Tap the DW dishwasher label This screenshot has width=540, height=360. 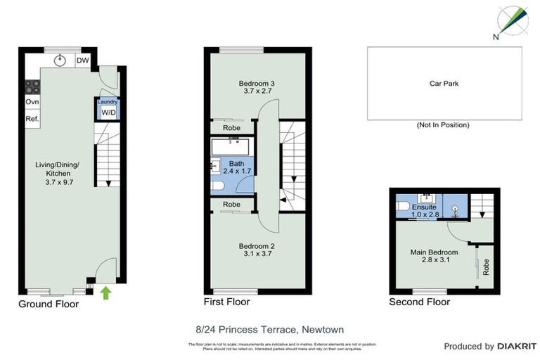(x=83, y=60)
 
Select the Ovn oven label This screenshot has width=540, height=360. (x=32, y=102)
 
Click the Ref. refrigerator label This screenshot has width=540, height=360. (x=32, y=120)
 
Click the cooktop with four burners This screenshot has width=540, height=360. (x=32, y=87)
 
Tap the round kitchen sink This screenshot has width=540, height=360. (x=61, y=60)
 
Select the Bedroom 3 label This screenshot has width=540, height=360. (x=257, y=86)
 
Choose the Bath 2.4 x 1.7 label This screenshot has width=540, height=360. (x=233, y=167)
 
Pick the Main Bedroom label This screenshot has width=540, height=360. (x=434, y=256)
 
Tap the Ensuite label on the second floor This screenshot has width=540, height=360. (x=424, y=210)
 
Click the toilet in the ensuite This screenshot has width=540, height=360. (x=403, y=206)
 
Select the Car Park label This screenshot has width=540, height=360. (x=444, y=84)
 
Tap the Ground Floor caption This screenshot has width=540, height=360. (x=49, y=304)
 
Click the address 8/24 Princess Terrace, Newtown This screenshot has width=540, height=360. (x=269, y=328)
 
